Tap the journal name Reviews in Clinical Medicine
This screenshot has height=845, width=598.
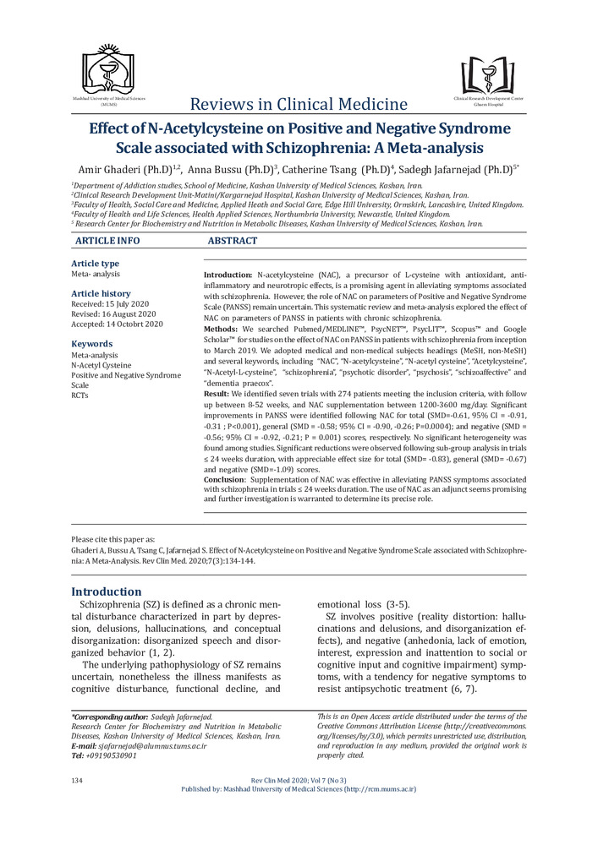click(x=299, y=104)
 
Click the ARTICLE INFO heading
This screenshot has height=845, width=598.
click(x=107, y=242)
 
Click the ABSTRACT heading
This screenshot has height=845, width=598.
click(x=233, y=242)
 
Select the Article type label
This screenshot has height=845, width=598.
click(x=96, y=264)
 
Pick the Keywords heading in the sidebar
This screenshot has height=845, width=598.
click(x=91, y=344)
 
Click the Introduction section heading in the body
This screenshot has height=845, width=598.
click(x=107, y=591)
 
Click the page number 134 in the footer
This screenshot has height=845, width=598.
click(x=78, y=778)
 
